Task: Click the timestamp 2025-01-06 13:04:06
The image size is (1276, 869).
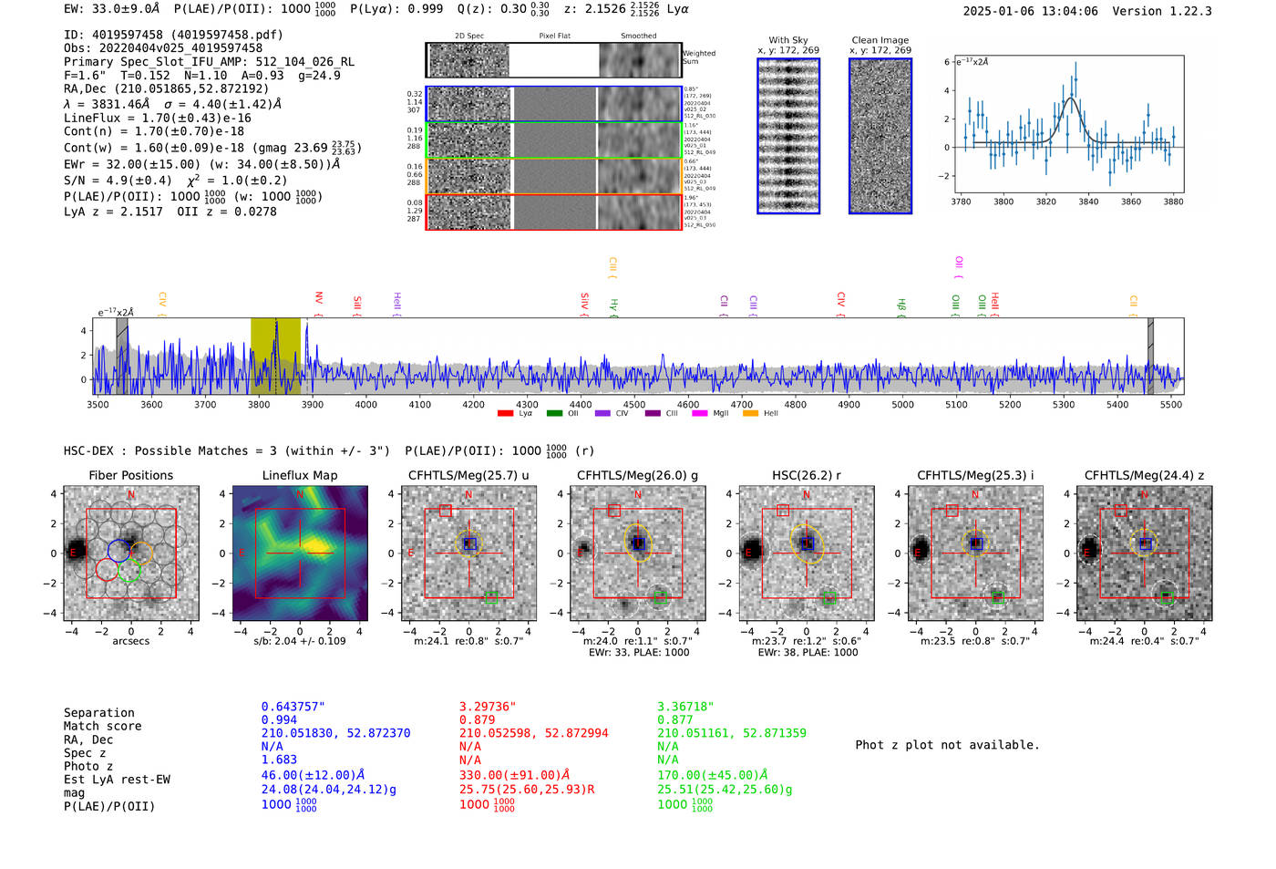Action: coord(1030,11)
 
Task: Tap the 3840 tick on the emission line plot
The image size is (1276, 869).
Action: coord(1088,201)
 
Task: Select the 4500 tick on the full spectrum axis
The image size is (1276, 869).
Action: coord(634,404)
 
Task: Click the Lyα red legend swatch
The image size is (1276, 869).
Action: coord(505,413)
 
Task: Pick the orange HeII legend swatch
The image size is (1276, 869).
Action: coord(750,413)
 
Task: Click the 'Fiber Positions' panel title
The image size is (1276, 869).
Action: coord(130,475)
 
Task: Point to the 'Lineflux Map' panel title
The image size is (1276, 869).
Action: coord(299,475)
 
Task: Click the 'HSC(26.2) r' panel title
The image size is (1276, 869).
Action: coord(806,475)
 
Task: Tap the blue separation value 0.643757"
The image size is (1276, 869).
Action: coord(293,707)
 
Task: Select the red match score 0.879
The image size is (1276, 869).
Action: coord(477,720)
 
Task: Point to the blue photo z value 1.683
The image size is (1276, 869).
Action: coord(279,760)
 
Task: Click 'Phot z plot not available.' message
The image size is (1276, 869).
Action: coord(947,745)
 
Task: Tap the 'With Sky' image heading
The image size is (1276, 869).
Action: coord(788,40)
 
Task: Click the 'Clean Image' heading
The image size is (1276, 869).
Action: coord(880,40)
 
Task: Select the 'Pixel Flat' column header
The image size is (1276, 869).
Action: coord(554,36)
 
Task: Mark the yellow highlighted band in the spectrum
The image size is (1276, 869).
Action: coord(275,356)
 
